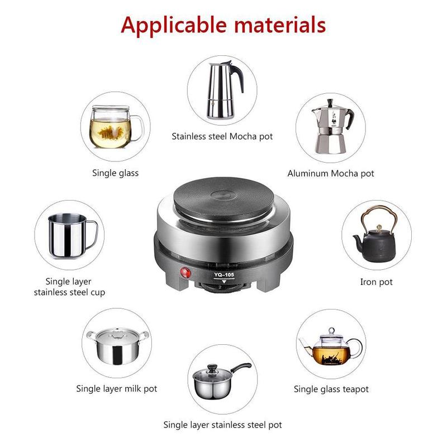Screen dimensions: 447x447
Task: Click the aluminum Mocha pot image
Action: (x=331, y=128)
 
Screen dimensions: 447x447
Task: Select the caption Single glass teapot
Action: (x=331, y=389)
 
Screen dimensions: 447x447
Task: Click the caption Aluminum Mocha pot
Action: (x=331, y=173)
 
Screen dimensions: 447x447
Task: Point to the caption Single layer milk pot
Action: (x=116, y=388)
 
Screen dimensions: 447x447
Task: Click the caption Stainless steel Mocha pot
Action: (x=222, y=136)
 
